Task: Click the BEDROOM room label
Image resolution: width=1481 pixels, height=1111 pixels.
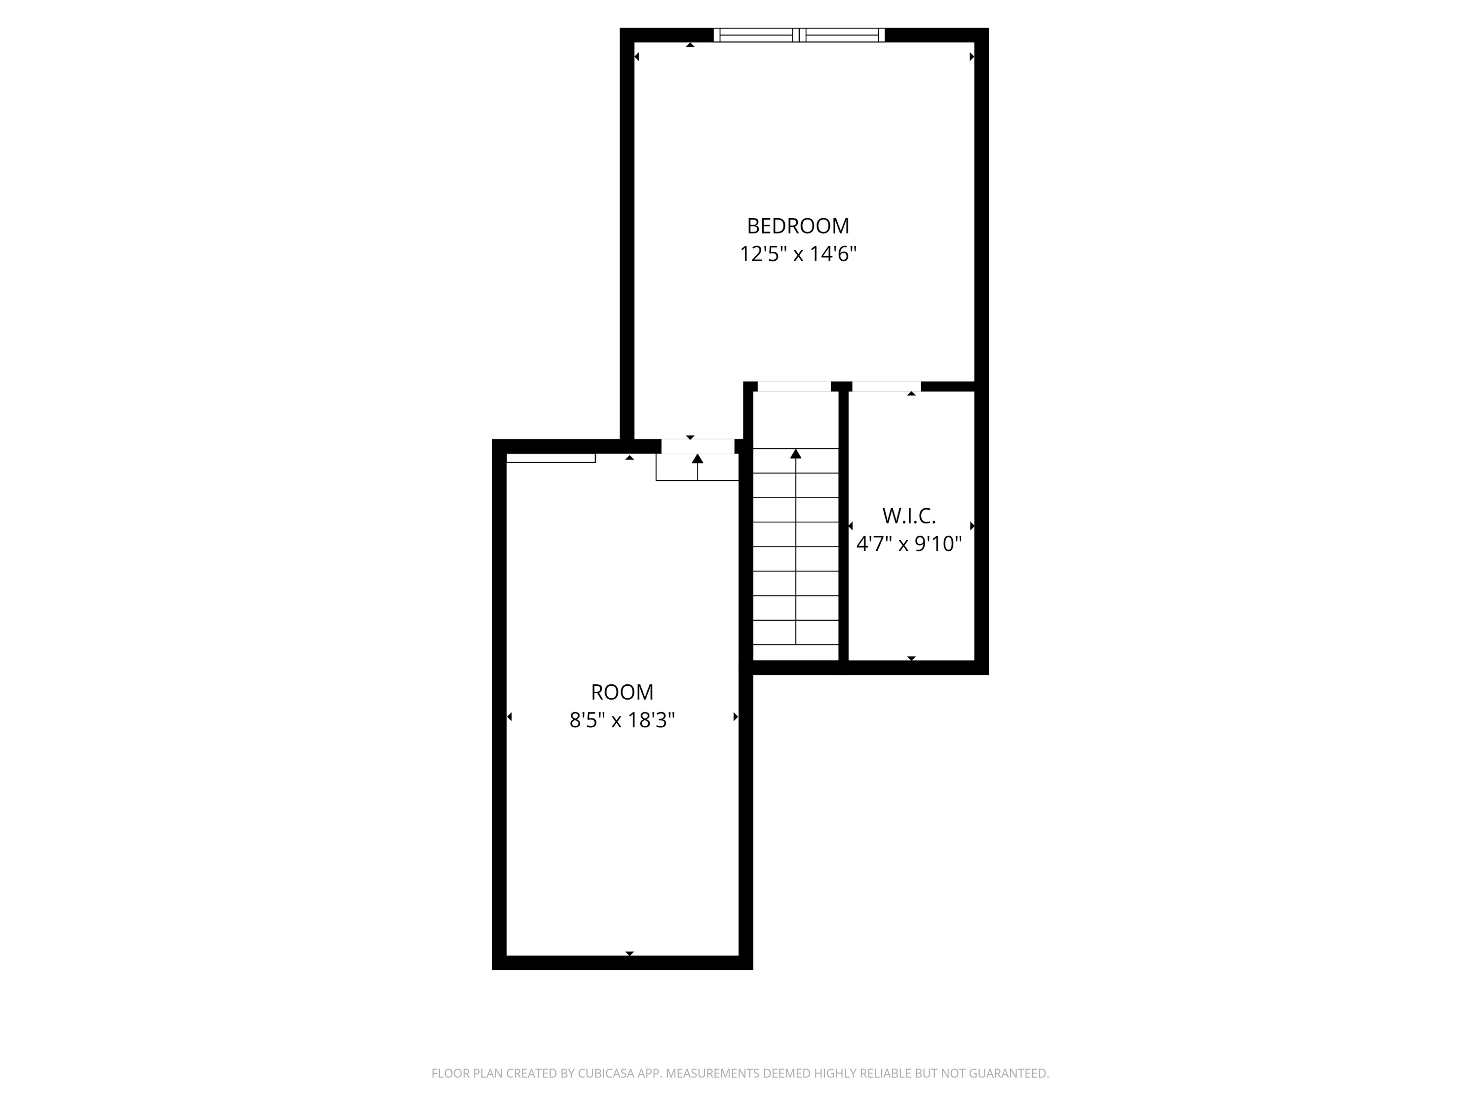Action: [x=798, y=226]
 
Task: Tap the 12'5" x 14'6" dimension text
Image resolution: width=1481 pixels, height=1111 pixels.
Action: [x=798, y=254]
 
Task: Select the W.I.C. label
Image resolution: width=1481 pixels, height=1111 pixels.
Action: [x=908, y=516]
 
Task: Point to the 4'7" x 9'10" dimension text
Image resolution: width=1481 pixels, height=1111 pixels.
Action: [x=908, y=544]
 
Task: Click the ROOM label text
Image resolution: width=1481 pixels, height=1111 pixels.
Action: [x=622, y=692]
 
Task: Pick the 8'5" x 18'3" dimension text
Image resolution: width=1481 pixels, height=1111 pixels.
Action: [x=622, y=720]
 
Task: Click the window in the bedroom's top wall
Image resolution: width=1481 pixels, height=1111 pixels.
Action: [x=799, y=35]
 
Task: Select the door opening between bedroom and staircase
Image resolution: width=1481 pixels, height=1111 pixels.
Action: [x=794, y=387]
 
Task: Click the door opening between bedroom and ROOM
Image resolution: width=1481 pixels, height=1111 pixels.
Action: [x=698, y=446]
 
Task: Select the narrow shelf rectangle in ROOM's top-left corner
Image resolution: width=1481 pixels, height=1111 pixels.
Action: [x=550, y=458]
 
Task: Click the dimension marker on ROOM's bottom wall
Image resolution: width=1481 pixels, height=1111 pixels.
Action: [x=629, y=953]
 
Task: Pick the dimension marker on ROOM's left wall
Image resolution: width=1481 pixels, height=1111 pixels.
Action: [x=509, y=716]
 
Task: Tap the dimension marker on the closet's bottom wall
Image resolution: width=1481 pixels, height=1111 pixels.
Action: [x=911, y=658]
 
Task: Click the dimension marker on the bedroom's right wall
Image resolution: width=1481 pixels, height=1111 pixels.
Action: [x=972, y=57]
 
